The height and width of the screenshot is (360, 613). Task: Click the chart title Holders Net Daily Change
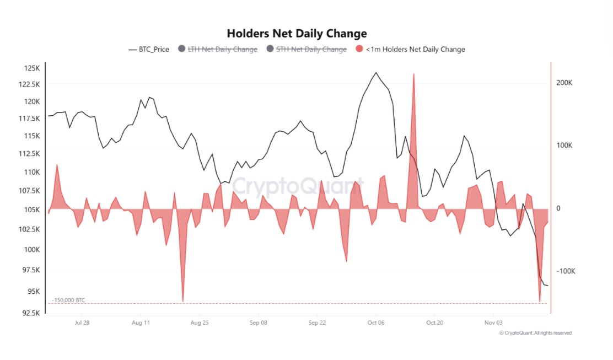[x=297, y=34]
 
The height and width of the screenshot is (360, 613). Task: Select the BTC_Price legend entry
[x=149, y=49]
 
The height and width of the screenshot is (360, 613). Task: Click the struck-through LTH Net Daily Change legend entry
[x=218, y=49]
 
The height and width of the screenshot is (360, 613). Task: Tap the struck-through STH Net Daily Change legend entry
[x=306, y=49]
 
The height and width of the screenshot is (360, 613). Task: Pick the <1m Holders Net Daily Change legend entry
[x=411, y=49]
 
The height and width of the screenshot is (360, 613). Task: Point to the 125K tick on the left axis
[x=32, y=68]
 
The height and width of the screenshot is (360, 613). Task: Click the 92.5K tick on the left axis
[x=30, y=313]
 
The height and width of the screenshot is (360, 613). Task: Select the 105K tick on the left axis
[x=32, y=210]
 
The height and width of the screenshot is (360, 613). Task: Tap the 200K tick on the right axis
[x=566, y=83]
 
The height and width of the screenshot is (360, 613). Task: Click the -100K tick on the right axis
[x=566, y=271]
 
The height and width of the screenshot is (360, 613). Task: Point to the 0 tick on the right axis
[x=558, y=208]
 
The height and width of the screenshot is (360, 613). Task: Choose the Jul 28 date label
[x=82, y=323]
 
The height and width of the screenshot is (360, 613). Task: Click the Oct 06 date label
[x=375, y=323]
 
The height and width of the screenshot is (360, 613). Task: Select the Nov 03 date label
[x=493, y=323]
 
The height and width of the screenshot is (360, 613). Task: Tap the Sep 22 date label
[x=317, y=323]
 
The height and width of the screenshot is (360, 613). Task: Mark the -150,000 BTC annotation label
[x=69, y=300]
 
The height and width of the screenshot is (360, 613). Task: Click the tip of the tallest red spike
[x=413, y=74]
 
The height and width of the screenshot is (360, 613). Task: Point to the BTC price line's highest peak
[x=376, y=72]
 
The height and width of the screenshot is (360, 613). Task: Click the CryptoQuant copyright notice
[x=535, y=333]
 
